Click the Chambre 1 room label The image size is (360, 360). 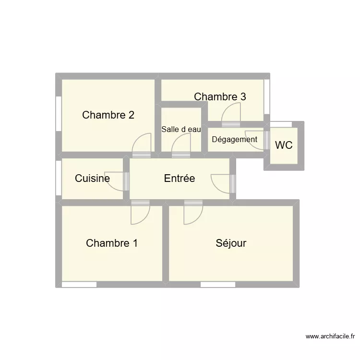point(112,243)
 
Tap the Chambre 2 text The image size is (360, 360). point(108,115)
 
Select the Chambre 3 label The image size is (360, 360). point(220,96)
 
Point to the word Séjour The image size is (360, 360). point(231,243)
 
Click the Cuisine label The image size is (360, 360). point(92,179)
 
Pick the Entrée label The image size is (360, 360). point(180,179)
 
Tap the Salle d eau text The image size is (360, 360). point(181,129)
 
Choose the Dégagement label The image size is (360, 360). point(234,140)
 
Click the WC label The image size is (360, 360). point(284,145)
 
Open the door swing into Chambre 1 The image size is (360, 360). point(140,213)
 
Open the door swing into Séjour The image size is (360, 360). point(193,213)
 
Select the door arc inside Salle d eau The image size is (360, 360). point(181,144)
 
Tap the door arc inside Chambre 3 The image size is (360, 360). point(231,113)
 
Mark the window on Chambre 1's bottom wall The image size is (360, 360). point(79,285)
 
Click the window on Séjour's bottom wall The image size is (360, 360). point(217,285)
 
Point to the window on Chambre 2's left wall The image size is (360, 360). point(59,113)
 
